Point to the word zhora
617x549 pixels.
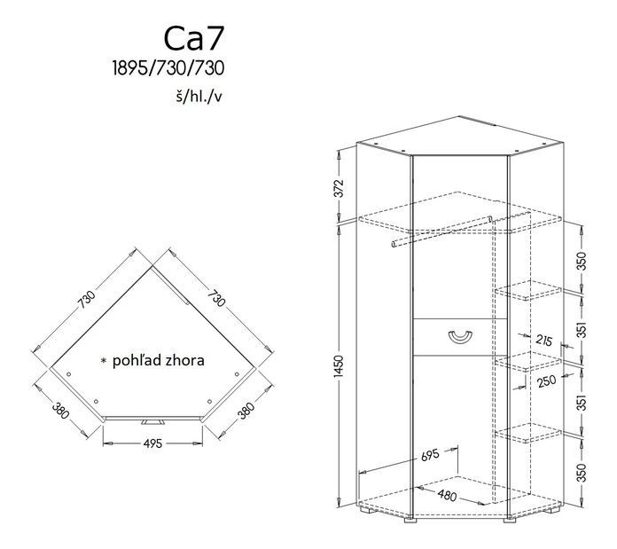[x=185, y=361]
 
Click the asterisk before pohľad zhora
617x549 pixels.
[x=104, y=362]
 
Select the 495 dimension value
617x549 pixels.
[x=152, y=444]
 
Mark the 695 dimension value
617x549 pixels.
[x=430, y=456]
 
